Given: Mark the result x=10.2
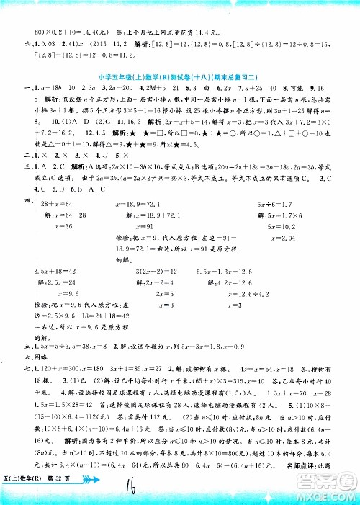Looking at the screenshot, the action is [276, 226].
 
